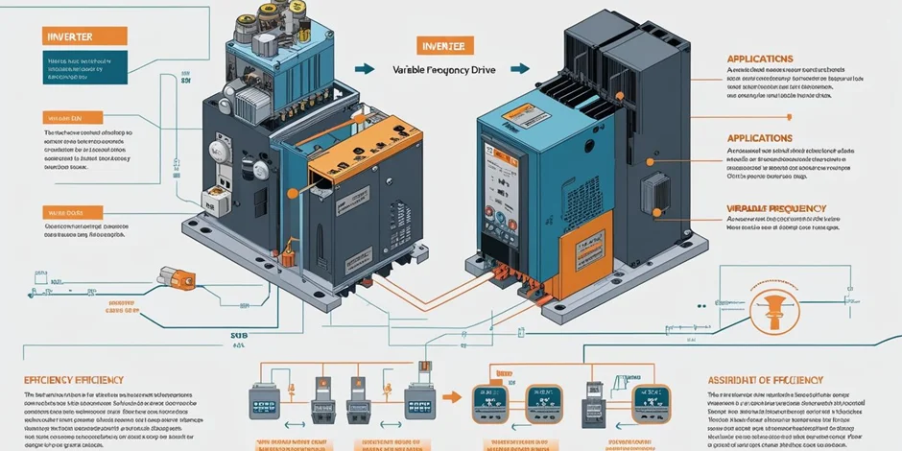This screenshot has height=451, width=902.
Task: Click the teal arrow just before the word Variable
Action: click(364, 69)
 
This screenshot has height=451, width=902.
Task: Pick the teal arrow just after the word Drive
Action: click(519, 69)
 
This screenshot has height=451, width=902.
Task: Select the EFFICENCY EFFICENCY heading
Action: click(73, 380)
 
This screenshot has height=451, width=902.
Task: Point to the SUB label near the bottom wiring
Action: click(238, 337)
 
